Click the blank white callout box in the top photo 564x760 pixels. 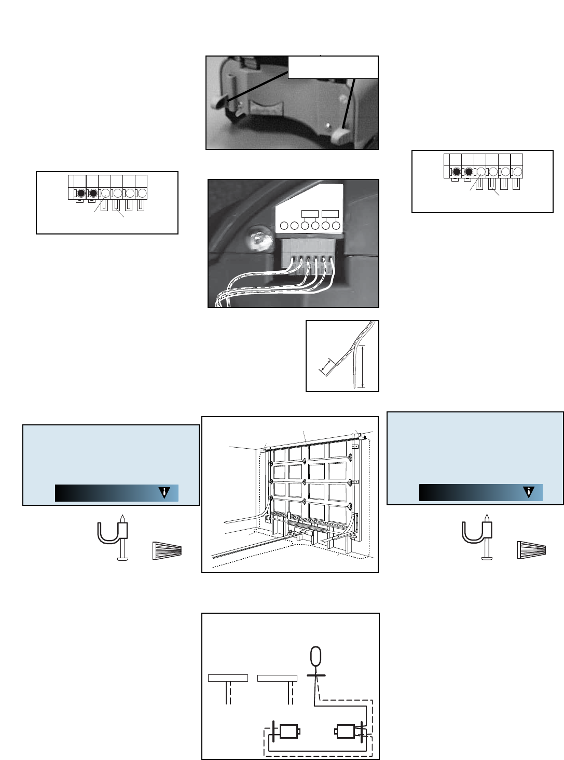pos(333,67)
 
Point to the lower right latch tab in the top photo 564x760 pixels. pos(342,136)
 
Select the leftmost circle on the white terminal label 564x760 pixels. pos(284,226)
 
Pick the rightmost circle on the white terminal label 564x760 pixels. pos(336,226)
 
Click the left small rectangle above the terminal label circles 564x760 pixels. pos(310,214)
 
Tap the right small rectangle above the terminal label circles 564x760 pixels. pos(330,214)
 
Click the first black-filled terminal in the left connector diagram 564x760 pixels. pos(81,194)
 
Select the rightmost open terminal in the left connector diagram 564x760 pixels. pos(142,194)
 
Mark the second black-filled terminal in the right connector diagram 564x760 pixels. pos(469,172)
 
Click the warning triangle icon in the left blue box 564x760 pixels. pos(164,493)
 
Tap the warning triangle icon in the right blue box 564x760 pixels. pos(529,492)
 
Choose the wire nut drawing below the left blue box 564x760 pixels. pos(167,550)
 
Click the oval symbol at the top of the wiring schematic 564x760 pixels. pos(315,657)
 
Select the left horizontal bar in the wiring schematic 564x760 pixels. pos(228,678)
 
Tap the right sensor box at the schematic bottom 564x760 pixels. pos(345,732)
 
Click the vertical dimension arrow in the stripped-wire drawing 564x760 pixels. pos(362,366)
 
